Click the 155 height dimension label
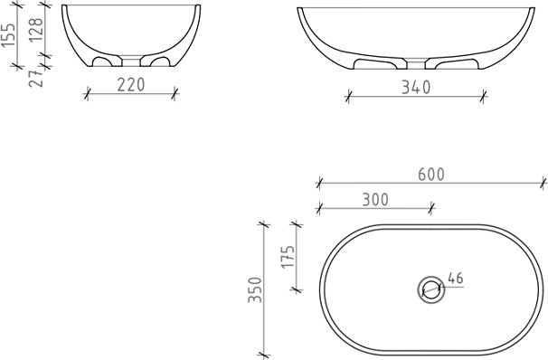8,35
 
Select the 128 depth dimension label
36,30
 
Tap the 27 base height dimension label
36,79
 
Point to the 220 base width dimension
131,85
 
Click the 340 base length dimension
416,88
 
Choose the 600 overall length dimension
431,175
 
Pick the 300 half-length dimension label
375,200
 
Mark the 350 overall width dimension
255,289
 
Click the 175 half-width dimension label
288,257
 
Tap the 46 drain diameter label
456,279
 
